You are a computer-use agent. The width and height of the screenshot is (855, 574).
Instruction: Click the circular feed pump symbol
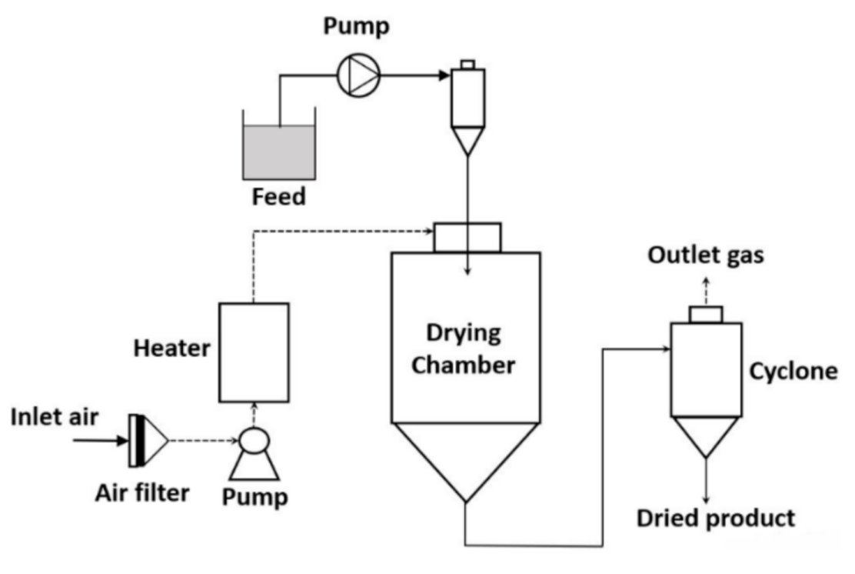[x=358, y=75]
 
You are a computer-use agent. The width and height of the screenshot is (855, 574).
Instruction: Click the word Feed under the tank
[x=279, y=197]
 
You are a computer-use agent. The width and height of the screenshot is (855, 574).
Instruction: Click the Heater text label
[x=172, y=349]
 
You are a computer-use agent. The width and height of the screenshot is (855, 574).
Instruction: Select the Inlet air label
[x=55, y=418]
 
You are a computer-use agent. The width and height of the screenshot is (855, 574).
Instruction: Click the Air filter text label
[x=143, y=492]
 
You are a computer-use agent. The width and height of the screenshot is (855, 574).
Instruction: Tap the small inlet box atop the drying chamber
[x=467, y=237]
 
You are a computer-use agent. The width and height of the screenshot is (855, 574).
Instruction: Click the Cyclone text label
[x=792, y=372]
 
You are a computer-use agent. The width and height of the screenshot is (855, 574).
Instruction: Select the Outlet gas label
[x=706, y=255]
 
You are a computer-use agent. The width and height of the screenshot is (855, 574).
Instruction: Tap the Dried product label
[x=716, y=518]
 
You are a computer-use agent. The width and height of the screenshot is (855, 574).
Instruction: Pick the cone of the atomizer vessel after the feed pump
[x=467, y=141]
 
